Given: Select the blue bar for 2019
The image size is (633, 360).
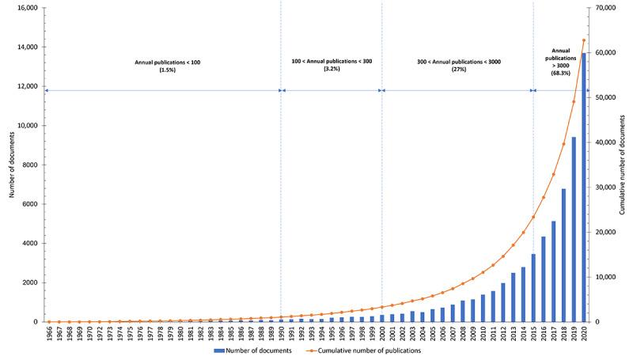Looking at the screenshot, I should (x=574, y=229).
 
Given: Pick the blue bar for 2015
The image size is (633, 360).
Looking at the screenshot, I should (x=533, y=288).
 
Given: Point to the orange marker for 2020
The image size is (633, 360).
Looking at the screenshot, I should (x=584, y=40).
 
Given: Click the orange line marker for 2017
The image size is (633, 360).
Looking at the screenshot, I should (x=554, y=175).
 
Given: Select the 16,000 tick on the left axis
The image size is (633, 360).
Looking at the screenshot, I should (x=28, y=8).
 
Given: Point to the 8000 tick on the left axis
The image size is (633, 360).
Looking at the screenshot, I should (x=30, y=165).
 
